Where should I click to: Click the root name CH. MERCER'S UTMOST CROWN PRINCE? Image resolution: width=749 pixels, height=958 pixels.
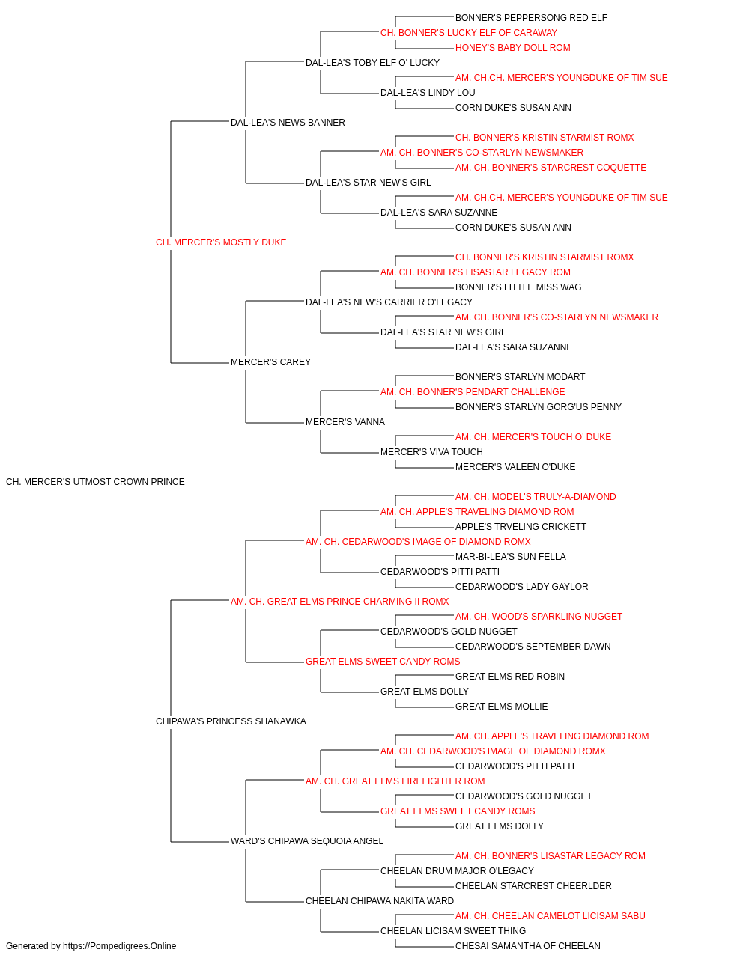pos(95,482)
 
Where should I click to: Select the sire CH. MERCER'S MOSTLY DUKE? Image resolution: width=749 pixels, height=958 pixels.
pos(221,242)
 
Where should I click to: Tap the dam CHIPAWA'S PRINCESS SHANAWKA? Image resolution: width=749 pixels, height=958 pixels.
pos(231,721)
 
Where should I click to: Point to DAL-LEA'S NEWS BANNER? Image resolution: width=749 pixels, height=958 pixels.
pos(288,123)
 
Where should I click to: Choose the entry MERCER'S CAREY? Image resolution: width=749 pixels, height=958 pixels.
pos(270,362)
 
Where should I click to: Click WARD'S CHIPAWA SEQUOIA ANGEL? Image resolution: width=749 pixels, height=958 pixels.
pos(307,841)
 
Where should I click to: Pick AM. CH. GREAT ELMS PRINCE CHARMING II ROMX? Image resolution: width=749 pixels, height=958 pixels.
pos(339,602)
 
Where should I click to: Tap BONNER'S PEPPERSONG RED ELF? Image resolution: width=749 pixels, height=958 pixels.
pos(531,18)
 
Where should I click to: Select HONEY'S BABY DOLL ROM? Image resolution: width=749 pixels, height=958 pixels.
pos(512,48)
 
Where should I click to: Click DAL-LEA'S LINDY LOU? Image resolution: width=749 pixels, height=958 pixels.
pos(428,93)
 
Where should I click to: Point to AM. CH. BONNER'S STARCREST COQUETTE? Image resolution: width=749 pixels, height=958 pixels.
pos(551,168)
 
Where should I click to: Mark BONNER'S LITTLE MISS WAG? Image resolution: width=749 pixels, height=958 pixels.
pos(518,287)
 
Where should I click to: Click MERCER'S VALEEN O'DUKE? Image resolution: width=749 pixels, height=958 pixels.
pos(515,467)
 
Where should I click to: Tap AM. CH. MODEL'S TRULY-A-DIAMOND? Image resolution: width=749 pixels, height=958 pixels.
pos(536,497)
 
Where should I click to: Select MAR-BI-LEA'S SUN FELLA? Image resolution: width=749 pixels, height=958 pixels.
pos(510,557)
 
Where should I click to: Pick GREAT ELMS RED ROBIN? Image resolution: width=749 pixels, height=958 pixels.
pos(510,677)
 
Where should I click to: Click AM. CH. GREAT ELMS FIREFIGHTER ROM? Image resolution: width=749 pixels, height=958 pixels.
pos(395,781)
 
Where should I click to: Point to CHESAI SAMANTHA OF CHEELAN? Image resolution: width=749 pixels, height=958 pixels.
pos(527,946)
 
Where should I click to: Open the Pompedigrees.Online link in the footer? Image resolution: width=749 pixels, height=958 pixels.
pos(120,946)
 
